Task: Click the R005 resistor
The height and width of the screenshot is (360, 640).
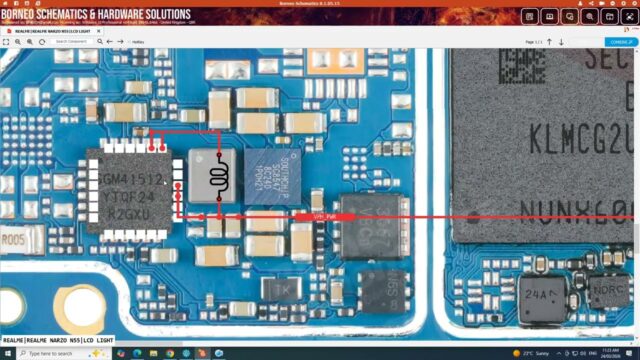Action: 14,241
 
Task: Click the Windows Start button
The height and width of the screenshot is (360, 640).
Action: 7,353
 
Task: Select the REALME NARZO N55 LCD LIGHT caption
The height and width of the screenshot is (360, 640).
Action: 57,340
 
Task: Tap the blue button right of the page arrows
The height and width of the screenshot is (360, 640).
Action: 619,42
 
